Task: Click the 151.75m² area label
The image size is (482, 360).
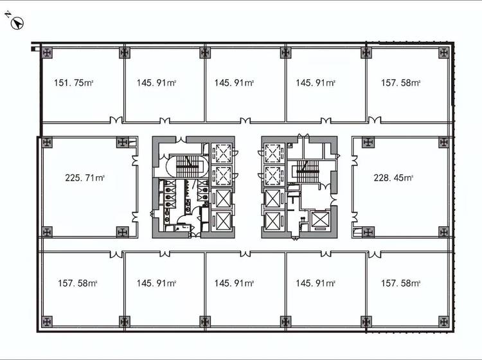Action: click(x=73, y=83)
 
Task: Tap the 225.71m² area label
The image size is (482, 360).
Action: click(x=85, y=177)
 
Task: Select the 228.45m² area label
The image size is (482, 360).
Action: click(x=393, y=177)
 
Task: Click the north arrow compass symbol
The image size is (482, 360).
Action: click(x=17, y=23)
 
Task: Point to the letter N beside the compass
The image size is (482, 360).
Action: click(x=8, y=14)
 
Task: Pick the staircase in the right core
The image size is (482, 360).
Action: click(x=307, y=171)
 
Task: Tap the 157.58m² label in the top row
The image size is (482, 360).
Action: click(x=400, y=83)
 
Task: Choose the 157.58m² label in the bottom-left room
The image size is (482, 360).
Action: click(x=78, y=283)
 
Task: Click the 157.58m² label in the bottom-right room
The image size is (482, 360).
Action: click(x=400, y=283)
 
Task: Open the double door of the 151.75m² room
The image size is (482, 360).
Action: click(x=116, y=120)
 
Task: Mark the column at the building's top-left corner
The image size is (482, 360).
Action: click(x=47, y=53)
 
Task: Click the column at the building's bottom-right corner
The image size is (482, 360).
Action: click(x=443, y=321)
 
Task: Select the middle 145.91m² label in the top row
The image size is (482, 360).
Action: click(x=234, y=83)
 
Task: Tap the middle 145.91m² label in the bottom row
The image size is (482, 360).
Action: click(x=234, y=283)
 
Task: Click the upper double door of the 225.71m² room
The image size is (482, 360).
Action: click(x=135, y=160)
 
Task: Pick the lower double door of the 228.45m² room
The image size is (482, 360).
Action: click(x=355, y=217)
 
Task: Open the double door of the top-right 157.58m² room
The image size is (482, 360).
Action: click(x=375, y=120)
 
